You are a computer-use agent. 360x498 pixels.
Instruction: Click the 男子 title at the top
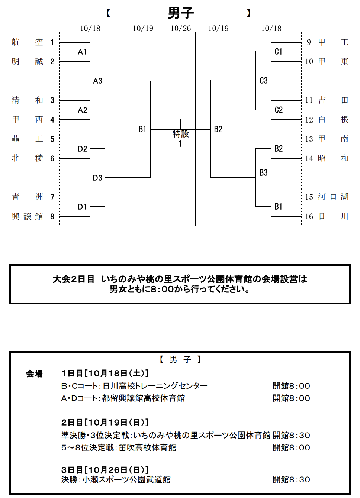[x=181, y=13]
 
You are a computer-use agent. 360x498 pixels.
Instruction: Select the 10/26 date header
[x=181, y=29]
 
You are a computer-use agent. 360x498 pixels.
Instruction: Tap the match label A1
[x=82, y=52]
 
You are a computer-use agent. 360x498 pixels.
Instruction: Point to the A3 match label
[x=97, y=81]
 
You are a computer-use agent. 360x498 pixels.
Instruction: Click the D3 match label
[x=97, y=178]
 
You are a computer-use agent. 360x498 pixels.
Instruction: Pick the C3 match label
[x=263, y=81]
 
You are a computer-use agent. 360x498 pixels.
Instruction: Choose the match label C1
[x=279, y=52]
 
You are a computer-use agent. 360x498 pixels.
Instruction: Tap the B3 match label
[x=263, y=173]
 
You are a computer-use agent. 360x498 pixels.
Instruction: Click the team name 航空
[x=27, y=42]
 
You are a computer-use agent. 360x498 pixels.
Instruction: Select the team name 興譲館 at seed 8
[x=27, y=217]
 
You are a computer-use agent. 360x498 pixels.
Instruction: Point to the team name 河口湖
[x=333, y=197]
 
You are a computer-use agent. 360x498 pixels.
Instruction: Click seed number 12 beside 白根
[x=309, y=120]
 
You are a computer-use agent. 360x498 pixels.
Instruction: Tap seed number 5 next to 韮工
[x=52, y=139]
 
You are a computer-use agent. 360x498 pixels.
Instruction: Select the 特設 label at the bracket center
[x=181, y=134]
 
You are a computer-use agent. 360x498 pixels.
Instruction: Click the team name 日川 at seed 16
[x=333, y=217]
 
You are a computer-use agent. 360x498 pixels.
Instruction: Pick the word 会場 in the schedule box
[x=34, y=374]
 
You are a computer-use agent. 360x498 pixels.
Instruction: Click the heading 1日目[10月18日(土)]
[x=105, y=373]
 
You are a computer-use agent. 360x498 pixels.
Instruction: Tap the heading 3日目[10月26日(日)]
[x=105, y=470]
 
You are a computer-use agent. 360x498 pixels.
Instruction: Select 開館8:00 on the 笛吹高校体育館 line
[x=291, y=448]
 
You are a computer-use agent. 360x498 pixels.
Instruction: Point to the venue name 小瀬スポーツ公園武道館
[x=126, y=480]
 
